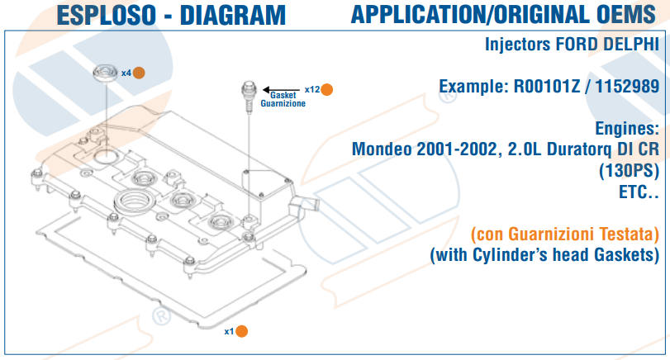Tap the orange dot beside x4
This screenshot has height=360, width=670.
pos(139,73)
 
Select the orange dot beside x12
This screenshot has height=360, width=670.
pos(327,89)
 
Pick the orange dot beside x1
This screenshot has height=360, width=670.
pos(242,331)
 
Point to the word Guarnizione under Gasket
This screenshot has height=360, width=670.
pos(283,105)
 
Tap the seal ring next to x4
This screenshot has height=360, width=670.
pos(106,73)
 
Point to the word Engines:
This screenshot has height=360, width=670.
pos(626,128)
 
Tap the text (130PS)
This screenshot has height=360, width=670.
pos(629,171)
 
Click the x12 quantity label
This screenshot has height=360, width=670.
pos(311,89)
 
